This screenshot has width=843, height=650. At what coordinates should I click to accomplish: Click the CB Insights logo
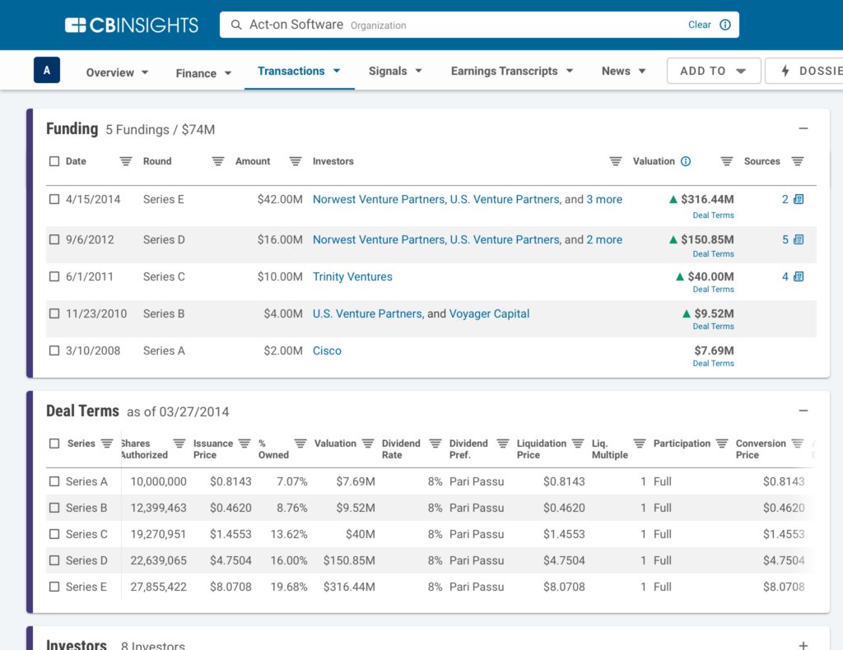[x=132, y=25]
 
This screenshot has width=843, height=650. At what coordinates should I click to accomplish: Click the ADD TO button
[x=713, y=72]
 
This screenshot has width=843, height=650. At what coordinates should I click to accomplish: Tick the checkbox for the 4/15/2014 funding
[x=54, y=200]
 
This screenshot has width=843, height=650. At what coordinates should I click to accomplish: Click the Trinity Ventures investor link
[x=352, y=277]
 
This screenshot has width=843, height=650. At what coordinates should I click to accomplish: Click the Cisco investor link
[x=327, y=351]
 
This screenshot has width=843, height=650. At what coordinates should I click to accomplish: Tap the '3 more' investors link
[x=604, y=200]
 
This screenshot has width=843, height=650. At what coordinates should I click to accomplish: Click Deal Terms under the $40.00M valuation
[x=713, y=290]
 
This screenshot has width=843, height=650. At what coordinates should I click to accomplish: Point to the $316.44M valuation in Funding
[x=706, y=200]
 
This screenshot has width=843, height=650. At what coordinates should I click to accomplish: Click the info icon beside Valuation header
[x=686, y=162]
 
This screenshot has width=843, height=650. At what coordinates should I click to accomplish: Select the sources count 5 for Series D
[x=785, y=240]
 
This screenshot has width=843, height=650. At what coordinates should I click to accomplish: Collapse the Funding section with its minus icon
[x=803, y=129]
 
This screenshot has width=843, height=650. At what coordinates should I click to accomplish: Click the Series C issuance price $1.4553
[x=231, y=535]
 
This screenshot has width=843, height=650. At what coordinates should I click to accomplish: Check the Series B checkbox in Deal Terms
[x=54, y=508]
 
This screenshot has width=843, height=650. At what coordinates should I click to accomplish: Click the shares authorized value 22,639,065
[x=159, y=561]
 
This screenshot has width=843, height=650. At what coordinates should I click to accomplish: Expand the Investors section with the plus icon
[x=803, y=645]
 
